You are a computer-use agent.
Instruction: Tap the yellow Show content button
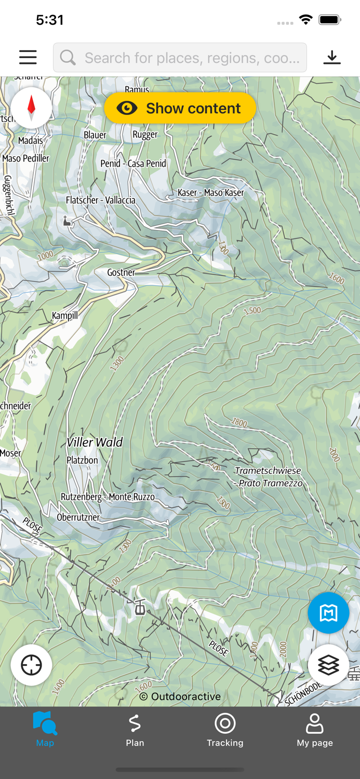click(x=180, y=108)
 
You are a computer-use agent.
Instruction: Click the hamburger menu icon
click(x=28, y=57)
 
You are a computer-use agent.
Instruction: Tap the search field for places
click(x=180, y=58)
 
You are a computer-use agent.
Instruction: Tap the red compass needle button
click(x=31, y=108)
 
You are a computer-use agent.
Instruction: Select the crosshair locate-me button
click(x=31, y=665)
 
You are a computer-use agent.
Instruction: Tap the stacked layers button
click(x=328, y=665)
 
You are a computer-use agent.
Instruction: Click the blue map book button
click(x=328, y=613)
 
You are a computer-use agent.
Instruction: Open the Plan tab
click(x=135, y=730)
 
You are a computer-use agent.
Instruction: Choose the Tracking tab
click(x=225, y=730)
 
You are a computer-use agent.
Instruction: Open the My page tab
click(x=315, y=730)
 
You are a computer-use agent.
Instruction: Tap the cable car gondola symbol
click(x=140, y=607)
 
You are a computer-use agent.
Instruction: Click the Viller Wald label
click(x=95, y=442)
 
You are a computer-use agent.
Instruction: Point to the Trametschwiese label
click(x=268, y=471)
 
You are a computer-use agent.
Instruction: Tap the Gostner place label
click(x=121, y=273)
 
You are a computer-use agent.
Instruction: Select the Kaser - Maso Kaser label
click(x=210, y=193)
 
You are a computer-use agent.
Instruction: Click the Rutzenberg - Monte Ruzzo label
click(x=108, y=497)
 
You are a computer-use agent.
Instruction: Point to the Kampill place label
click(x=65, y=316)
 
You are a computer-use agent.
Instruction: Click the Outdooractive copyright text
click(x=180, y=696)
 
